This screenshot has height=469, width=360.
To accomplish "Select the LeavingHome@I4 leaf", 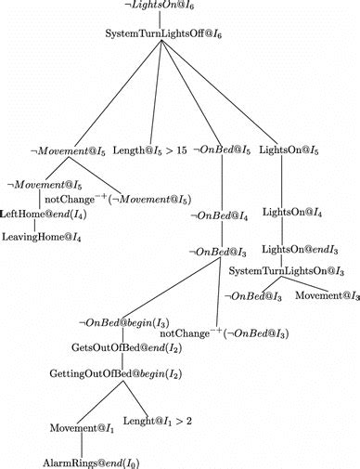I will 41,238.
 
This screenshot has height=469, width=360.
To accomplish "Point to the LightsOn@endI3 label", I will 294,250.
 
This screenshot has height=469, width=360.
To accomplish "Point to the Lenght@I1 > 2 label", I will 163,421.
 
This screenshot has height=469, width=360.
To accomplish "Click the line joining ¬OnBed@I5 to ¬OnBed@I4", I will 220,182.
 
